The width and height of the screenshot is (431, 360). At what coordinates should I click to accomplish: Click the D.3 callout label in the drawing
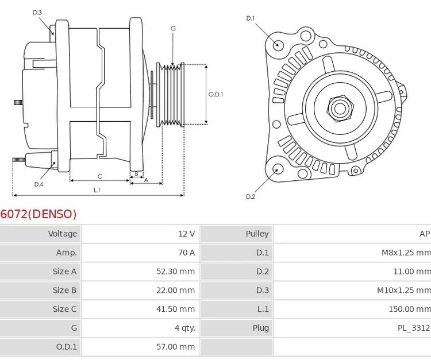(x=37, y=12)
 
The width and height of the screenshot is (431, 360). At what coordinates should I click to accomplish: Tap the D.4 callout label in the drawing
(x=39, y=184)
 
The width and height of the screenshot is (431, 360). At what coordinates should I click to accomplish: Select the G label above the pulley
(x=173, y=28)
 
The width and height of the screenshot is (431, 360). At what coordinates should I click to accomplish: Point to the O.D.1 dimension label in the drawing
(x=215, y=94)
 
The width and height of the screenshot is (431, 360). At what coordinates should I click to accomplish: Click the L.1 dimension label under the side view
(x=97, y=189)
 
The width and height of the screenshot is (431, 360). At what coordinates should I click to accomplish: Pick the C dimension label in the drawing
(x=100, y=176)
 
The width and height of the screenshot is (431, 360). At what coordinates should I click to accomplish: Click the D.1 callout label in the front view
(x=251, y=18)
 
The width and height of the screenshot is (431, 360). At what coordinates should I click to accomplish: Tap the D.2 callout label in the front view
(x=251, y=196)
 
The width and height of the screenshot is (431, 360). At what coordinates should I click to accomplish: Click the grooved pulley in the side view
(x=170, y=94)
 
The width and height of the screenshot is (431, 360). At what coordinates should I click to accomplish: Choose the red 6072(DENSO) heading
(x=39, y=214)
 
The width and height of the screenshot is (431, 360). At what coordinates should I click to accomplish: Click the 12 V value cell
(x=186, y=234)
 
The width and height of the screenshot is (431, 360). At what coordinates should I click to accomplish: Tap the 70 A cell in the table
(x=186, y=253)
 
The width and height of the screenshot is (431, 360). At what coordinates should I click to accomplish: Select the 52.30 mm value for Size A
(x=175, y=272)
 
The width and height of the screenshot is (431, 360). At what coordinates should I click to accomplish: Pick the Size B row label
(x=64, y=291)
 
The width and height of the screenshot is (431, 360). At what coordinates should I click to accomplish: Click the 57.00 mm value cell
(x=175, y=347)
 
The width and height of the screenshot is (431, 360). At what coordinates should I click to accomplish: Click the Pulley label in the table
(x=257, y=234)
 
